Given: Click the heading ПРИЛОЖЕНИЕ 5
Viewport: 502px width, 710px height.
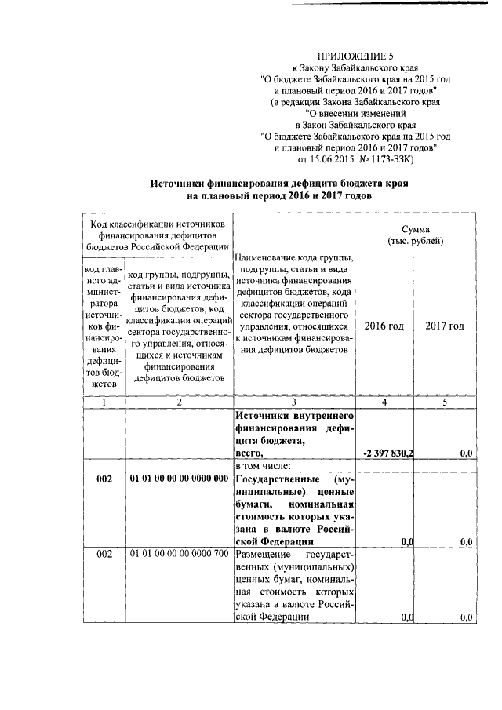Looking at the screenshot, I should pos(354,56).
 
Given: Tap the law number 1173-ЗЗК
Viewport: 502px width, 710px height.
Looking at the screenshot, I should pos(395,159).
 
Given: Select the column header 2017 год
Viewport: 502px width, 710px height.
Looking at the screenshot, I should pos(445,326).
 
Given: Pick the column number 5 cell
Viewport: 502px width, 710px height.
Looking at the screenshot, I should pos(445,402).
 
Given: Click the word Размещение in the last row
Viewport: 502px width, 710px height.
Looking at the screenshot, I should pos(264,555).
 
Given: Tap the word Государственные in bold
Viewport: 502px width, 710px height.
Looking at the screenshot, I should pos(275,479).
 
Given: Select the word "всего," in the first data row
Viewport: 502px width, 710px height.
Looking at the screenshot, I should pos(251,453).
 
